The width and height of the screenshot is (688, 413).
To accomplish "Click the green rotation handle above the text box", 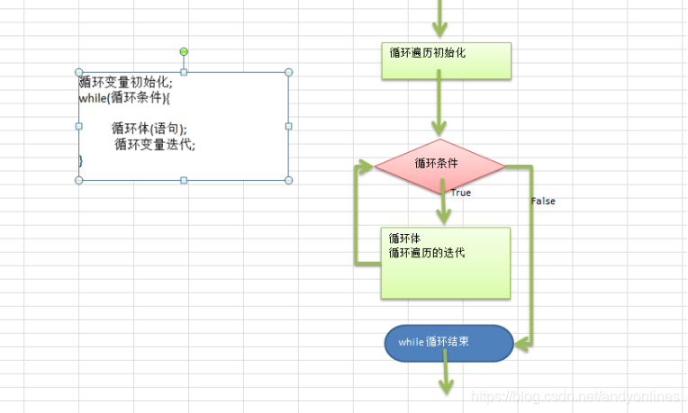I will tap(185, 51).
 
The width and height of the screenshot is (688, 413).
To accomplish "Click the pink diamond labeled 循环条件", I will tap(440, 164).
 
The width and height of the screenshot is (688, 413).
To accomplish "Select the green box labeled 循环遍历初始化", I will tap(446, 59).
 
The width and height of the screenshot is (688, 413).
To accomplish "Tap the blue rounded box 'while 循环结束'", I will tap(448, 343).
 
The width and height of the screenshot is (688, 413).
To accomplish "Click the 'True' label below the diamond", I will tap(460, 193).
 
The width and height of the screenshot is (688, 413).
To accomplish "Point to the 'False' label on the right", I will tap(543, 201).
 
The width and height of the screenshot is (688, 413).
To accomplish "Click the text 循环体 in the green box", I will tap(404, 238).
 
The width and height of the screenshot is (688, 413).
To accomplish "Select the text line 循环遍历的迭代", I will tap(427, 253).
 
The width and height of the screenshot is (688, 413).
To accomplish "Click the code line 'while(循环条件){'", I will tap(124, 98).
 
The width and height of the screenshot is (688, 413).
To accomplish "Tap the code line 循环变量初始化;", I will tap(125, 82).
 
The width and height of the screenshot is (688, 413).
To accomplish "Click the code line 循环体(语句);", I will tap(149, 128).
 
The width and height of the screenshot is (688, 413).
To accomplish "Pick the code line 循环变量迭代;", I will tap(154, 144).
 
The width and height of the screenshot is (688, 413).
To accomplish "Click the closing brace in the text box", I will tap(81, 160).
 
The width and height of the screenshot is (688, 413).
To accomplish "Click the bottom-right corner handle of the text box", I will tap(289, 180).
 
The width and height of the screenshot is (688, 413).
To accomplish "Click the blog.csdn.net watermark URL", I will tap(576, 397).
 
